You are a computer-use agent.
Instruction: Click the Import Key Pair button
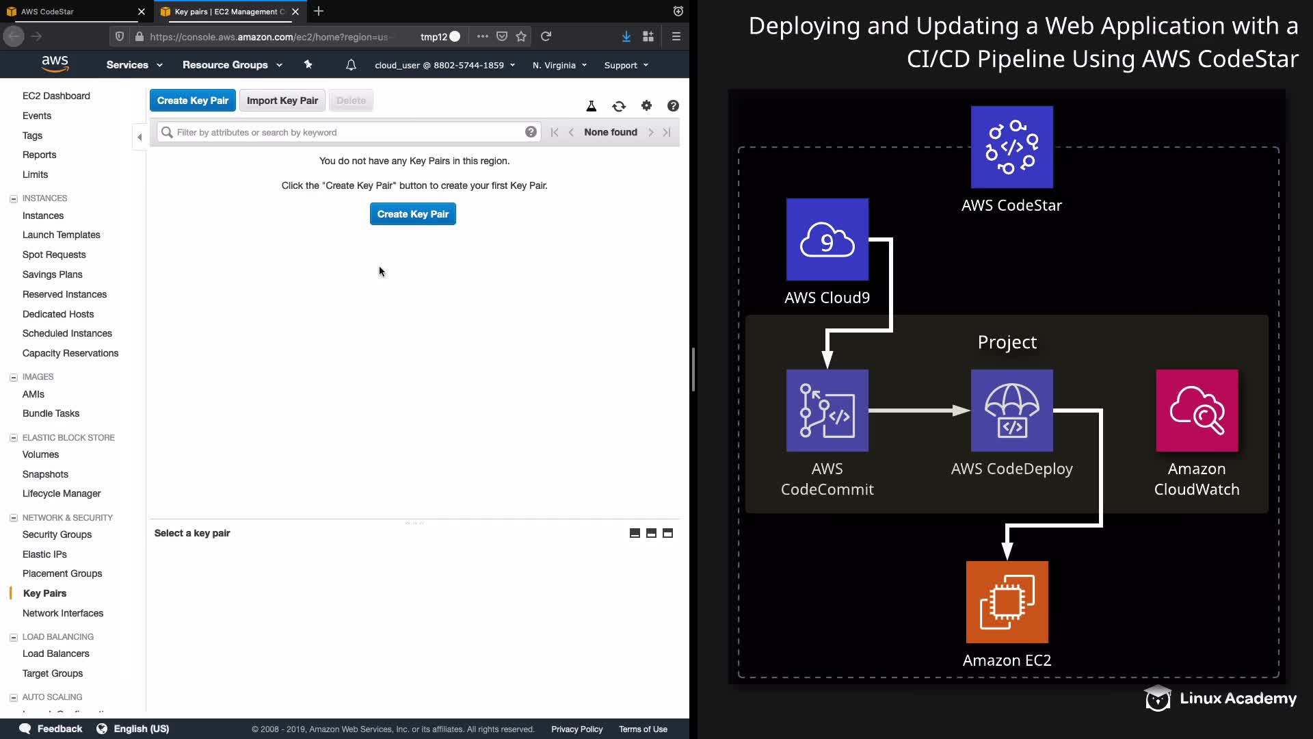(x=282, y=101)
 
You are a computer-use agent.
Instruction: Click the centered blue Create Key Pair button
(x=412, y=214)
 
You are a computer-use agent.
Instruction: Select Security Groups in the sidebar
(x=57, y=534)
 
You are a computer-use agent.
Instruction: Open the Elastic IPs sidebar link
(x=44, y=554)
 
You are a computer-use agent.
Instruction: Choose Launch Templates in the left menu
(x=61, y=235)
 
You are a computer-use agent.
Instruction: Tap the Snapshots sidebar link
(x=45, y=474)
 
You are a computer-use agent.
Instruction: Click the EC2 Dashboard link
(x=56, y=96)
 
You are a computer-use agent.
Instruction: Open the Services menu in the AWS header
(x=134, y=65)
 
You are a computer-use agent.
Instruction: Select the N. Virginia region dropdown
(x=559, y=65)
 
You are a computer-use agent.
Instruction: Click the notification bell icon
(x=351, y=65)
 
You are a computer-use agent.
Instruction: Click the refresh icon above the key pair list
(x=619, y=106)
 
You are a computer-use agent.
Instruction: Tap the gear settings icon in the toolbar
(x=646, y=105)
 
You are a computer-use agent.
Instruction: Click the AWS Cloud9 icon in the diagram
(x=827, y=239)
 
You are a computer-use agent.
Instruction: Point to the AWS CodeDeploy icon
(x=1012, y=411)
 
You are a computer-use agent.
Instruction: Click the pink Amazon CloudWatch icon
(x=1197, y=411)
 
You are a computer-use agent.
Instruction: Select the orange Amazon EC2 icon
(x=1007, y=602)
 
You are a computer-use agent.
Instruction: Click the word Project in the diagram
(x=1007, y=342)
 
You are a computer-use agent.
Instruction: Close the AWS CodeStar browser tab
(x=142, y=12)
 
